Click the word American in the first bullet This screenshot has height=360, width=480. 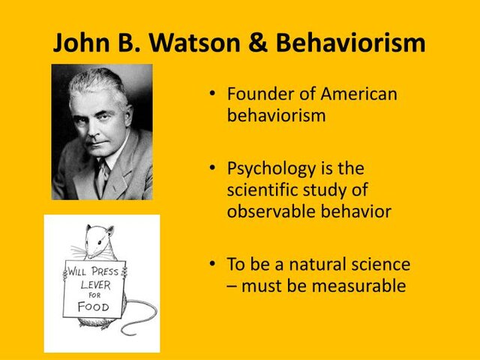(x=359, y=95)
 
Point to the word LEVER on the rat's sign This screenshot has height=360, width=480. (x=96, y=284)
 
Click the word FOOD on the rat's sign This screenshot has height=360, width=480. (x=94, y=306)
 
